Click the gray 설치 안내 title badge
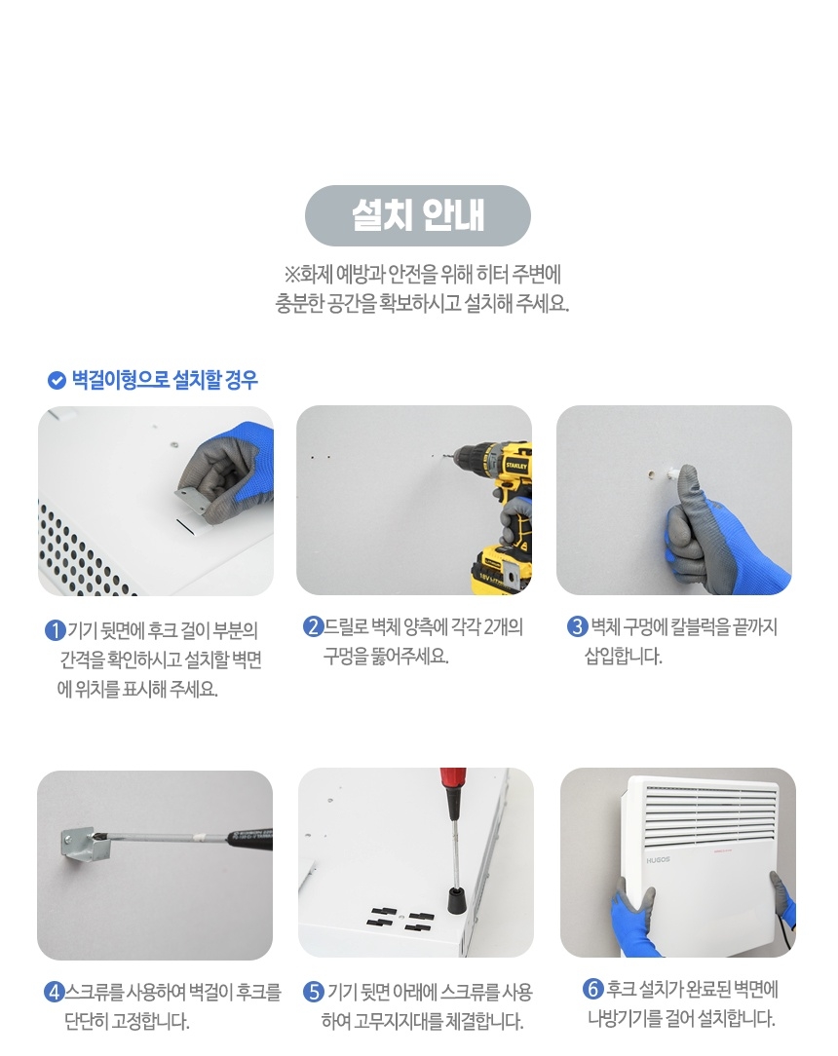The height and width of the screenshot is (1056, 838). click(x=417, y=215)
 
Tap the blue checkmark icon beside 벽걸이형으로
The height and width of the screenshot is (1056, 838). click(x=57, y=380)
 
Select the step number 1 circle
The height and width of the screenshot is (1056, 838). click(x=55, y=629)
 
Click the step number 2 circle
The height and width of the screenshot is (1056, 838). click(x=313, y=626)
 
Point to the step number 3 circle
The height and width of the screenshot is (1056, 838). click(x=577, y=626)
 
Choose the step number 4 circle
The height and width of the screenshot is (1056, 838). click(x=55, y=993)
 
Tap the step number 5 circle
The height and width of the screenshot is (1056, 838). click(x=313, y=993)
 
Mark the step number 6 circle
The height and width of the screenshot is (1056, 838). click(x=592, y=990)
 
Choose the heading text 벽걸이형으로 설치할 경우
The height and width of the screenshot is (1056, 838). click(x=165, y=380)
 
